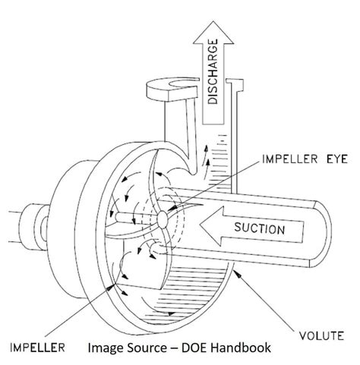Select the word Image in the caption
(105, 348)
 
